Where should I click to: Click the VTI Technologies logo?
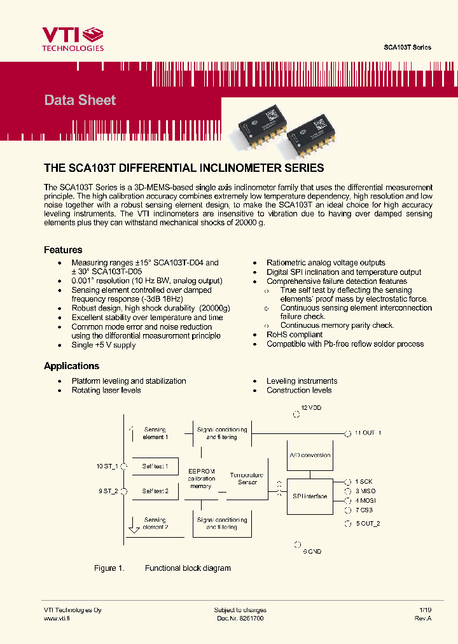tap(72, 39)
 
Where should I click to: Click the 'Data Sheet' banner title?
tap(80, 100)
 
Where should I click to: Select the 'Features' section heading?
tap(62, 250)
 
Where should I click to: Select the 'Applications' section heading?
tap(71, 366)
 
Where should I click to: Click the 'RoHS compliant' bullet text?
tap(295, 334)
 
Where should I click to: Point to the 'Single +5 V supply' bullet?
tap(103, 345)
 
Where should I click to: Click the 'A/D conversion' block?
tap(310, 455)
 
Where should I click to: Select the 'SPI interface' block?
tap(310, 496)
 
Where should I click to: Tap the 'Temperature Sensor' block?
tap(247, 479)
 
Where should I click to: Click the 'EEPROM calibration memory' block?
tap(201, 479)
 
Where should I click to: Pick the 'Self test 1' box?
tap(155, 466)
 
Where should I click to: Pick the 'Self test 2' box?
tap(155, 491)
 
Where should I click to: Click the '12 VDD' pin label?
tap(311, 407)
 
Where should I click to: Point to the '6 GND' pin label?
tap(312, 551)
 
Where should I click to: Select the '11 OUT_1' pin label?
tap(368, 433)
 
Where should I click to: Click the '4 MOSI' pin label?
tap(365, 500)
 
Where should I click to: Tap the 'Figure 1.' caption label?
tap(105, 568)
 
